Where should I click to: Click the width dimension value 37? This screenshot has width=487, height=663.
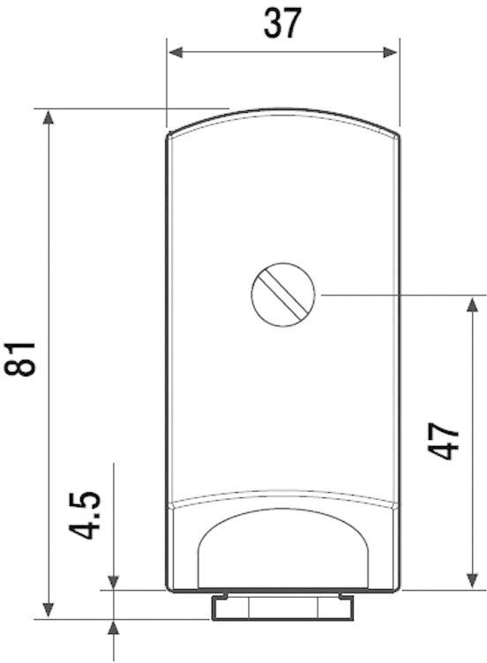point(282,24)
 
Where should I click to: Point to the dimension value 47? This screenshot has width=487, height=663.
point(448,440)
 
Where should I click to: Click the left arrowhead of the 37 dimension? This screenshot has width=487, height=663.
point(176,53)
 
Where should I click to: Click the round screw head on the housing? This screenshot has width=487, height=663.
point(283,295)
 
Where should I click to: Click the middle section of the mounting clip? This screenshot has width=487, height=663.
point(281,607)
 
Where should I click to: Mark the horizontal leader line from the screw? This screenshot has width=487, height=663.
point(397,294)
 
